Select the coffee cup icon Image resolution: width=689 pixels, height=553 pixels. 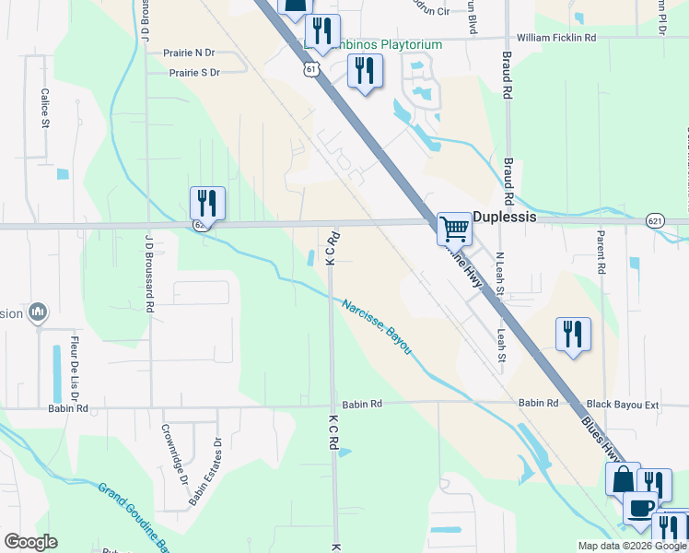pyautogui.click(x=640, y=507)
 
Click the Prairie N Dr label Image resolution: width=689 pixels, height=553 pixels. pyautogui.click(x=190, y=54)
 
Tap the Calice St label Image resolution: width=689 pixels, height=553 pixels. pyautogui.click(x=43, y=108)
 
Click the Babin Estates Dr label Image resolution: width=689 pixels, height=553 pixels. pyautogui.click(x=206, y=470)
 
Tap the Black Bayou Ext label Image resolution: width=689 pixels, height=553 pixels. pyautogui.click(x=624, y=404)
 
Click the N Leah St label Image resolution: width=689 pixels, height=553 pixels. pyautogui.click(x=499, y=272)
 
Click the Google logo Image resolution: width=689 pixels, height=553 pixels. pyautogui.click(x=30, y=542)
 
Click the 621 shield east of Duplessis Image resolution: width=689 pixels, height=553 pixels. pyautogui.click(x=655, y=220)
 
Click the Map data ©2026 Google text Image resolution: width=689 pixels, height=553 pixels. pyautogui.click(x=632, y=546)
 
